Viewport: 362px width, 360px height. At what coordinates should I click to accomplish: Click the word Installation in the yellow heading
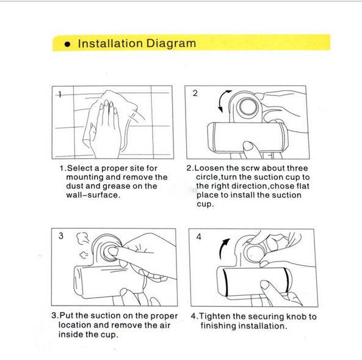[x=110, y=43]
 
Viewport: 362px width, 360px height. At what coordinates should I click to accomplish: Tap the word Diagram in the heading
[x=171, y=43]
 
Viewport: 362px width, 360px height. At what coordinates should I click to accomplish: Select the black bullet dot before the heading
[x=67, y=44]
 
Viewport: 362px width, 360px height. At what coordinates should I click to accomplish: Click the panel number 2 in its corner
[x=195, y=93]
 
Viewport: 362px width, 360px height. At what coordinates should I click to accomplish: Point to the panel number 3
[x=60, y=235]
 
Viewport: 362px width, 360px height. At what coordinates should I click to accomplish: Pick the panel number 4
[x=198, y=237]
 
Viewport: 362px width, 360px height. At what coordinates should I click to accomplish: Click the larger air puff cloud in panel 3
[x=82, y=238]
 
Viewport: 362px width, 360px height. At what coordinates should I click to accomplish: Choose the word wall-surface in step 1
[x=93, y=195]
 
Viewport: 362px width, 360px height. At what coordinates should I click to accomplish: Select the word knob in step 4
[x=296, y=317]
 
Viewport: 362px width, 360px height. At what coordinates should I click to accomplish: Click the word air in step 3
[x=164, y=325]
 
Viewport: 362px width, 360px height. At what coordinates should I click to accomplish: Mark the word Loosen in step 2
[x=209, y=168]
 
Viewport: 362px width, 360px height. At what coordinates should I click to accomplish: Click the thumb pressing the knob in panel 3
[x=114, y=251]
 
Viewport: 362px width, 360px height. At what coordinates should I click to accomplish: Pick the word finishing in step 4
[x=218, y=326]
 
